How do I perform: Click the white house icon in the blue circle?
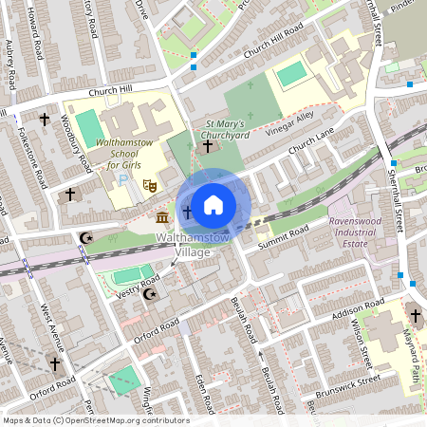(213, 203)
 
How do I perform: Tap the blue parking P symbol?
(121, 180)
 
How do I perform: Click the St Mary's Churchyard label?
(226, 129)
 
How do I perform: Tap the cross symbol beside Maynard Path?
(415, 316)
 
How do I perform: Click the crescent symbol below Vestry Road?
(148, 296)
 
